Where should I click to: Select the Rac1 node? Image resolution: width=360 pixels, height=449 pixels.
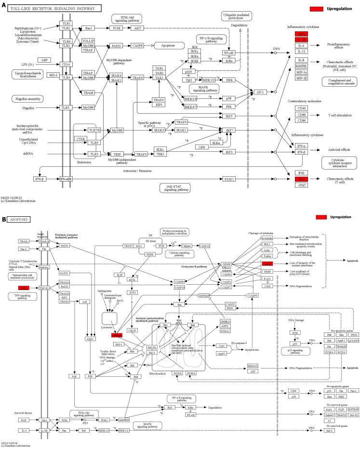[88, 28]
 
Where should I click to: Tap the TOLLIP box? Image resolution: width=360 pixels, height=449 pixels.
[88, 41]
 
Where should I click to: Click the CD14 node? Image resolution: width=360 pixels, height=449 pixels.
[66, 64]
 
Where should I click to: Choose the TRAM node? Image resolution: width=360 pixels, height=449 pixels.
[88, 92]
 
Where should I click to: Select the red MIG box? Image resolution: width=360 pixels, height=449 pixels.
[301, 179]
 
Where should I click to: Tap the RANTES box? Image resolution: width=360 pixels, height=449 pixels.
[301, 66]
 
